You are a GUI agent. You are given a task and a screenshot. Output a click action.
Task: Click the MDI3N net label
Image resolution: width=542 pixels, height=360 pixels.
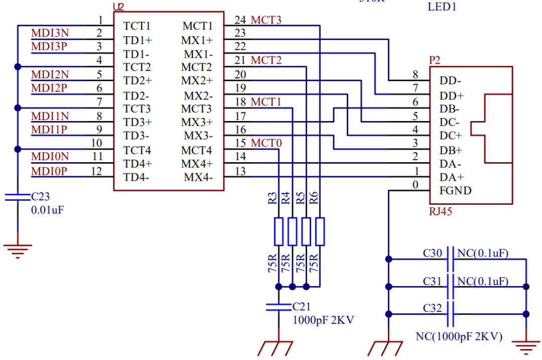[50, 33]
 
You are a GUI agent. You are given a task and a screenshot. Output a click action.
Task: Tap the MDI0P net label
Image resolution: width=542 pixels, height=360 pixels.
[49, 171]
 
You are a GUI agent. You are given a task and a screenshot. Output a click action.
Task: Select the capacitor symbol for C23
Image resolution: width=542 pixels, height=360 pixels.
[18, 197]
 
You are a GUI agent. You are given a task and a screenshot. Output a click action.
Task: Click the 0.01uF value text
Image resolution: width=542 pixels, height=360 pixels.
[47, 210]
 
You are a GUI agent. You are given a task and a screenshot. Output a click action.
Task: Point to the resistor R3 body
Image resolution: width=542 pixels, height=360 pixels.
[279, 231]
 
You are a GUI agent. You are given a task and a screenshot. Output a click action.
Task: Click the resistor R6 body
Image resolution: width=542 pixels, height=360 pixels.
[320, 231]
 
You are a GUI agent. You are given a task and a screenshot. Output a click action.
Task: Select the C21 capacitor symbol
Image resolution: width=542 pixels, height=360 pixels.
[279, 307]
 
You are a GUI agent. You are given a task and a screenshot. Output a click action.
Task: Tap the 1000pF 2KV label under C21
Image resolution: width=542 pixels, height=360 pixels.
[323, 320]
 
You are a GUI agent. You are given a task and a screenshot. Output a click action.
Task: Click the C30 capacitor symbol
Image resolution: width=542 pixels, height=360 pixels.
[450, 259]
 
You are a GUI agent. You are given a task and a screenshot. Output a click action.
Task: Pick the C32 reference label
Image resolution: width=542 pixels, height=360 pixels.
[433, 308]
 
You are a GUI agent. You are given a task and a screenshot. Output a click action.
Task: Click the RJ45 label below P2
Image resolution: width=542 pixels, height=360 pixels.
[441, 211]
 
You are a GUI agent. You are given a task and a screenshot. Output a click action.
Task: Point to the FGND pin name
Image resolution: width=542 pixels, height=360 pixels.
[455, 191]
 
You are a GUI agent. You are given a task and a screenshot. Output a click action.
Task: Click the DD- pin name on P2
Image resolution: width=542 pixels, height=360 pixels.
[450, 80]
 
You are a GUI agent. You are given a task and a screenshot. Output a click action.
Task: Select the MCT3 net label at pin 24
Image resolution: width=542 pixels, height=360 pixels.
[266, 20]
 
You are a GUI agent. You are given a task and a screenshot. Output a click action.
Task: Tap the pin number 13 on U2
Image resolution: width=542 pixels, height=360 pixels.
[240, 171]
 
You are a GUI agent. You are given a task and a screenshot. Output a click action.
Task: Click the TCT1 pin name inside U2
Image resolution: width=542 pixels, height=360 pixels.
[137, 26]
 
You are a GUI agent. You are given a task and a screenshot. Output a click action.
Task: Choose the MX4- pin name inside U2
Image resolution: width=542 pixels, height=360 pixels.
[198, 177]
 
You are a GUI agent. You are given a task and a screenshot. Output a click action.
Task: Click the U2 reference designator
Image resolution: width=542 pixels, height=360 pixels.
[118, 7]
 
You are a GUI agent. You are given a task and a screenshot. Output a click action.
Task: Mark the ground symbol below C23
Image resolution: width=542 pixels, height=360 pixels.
[18, 251]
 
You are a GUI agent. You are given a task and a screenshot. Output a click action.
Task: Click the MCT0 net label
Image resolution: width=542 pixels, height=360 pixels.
[266, 143]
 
